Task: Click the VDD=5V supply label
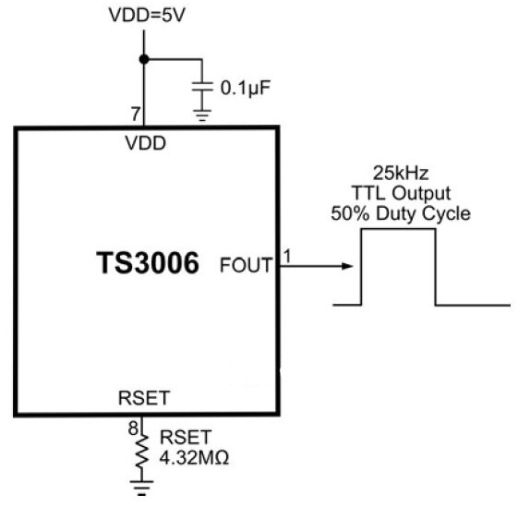point(147,15)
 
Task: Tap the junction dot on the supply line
point(144,59)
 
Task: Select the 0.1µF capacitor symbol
point(202,87)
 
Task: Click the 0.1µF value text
point(246,88)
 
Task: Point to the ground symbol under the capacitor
point(202,115)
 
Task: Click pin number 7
point(136,114)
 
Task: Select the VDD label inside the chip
point(145,143)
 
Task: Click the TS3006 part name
point(148,263)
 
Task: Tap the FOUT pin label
point(247,265)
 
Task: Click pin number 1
point(287,256)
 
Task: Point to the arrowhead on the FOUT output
point(347,266)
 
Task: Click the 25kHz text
point(401,174)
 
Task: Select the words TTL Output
point(401,193)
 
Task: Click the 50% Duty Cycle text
point(401,213)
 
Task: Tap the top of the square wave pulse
point(398,229)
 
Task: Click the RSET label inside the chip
point(144,398)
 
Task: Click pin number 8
point(133,429)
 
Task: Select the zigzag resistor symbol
point(141,451)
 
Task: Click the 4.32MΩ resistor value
point(194,458)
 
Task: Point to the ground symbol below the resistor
point(141,488)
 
